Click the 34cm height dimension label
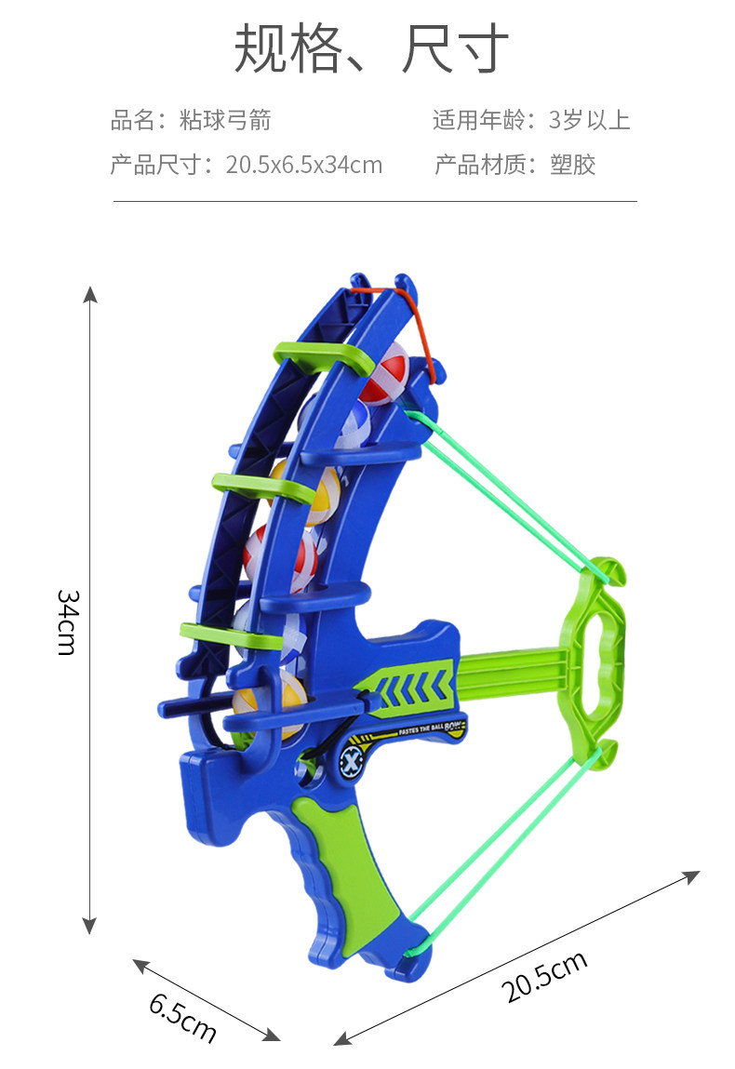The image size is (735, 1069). click(68, 622)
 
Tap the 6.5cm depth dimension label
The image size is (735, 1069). click(183, 1017)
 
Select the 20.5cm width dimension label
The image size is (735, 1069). click(544, 976)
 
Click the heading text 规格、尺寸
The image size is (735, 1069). click(371, 48)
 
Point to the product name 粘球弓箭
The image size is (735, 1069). click(225, 120)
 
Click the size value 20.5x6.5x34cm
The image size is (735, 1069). click(304, 165)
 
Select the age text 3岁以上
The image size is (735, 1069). click(589, 120)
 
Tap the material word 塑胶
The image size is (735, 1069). click(573, 165)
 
